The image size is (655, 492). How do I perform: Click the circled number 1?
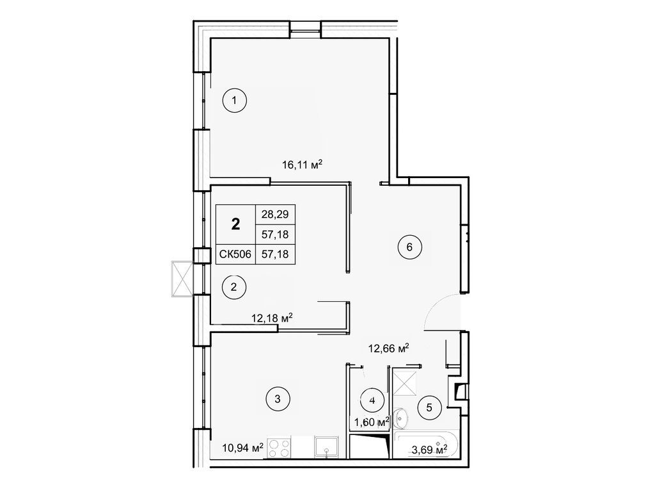235,100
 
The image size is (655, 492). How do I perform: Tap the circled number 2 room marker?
233,287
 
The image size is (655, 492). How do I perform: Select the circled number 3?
278,400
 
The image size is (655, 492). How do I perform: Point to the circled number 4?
372,399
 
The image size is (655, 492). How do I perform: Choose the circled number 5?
429,406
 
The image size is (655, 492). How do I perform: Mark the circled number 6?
409,246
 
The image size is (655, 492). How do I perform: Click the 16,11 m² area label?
302,165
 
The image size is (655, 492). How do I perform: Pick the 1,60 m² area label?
372,422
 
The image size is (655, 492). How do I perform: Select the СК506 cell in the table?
236,254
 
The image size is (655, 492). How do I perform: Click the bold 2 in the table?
236,224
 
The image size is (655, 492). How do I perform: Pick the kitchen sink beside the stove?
326,447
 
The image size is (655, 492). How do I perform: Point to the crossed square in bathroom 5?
405,382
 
